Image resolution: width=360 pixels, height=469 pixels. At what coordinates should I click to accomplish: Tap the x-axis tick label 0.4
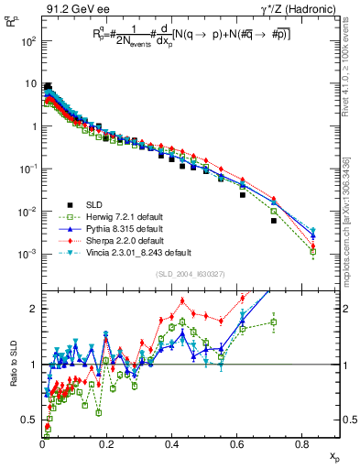point(172,444)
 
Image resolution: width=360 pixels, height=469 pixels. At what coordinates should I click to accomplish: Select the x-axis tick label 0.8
point(302,444)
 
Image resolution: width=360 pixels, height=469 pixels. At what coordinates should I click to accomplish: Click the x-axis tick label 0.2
point(107,444)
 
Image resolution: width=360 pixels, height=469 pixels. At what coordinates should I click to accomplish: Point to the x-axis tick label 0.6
point(237,444)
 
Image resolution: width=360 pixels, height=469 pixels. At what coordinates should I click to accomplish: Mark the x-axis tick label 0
point(42,444)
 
